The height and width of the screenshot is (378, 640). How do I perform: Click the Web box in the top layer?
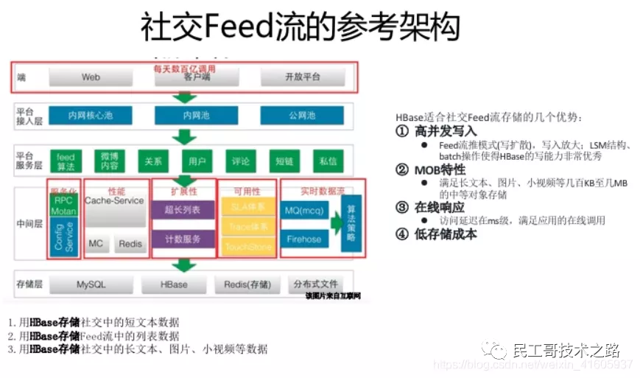point(91,77)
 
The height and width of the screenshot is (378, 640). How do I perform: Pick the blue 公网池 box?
point(302,116)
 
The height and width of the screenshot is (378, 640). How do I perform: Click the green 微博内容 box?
point(109,161)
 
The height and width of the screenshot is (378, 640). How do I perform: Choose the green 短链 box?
point(284,161)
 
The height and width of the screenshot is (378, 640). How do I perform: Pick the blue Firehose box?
point(304,239)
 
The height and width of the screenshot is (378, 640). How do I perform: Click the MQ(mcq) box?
point(304,211)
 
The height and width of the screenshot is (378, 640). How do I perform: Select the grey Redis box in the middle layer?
point(130,244)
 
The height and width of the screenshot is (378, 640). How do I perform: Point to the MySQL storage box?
point(91,284)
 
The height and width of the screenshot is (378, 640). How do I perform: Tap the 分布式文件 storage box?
point(315,284)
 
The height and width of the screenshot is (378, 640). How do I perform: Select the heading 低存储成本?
point(446,235)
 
